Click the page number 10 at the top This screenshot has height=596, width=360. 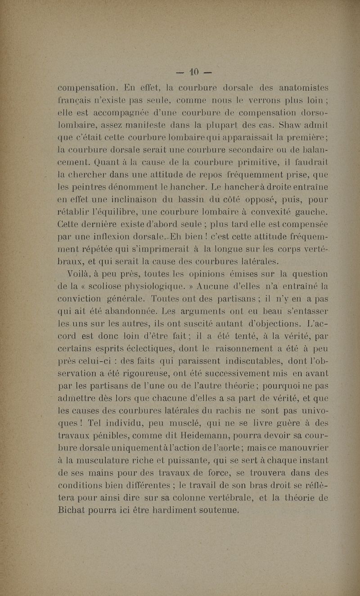click(193, 72)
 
